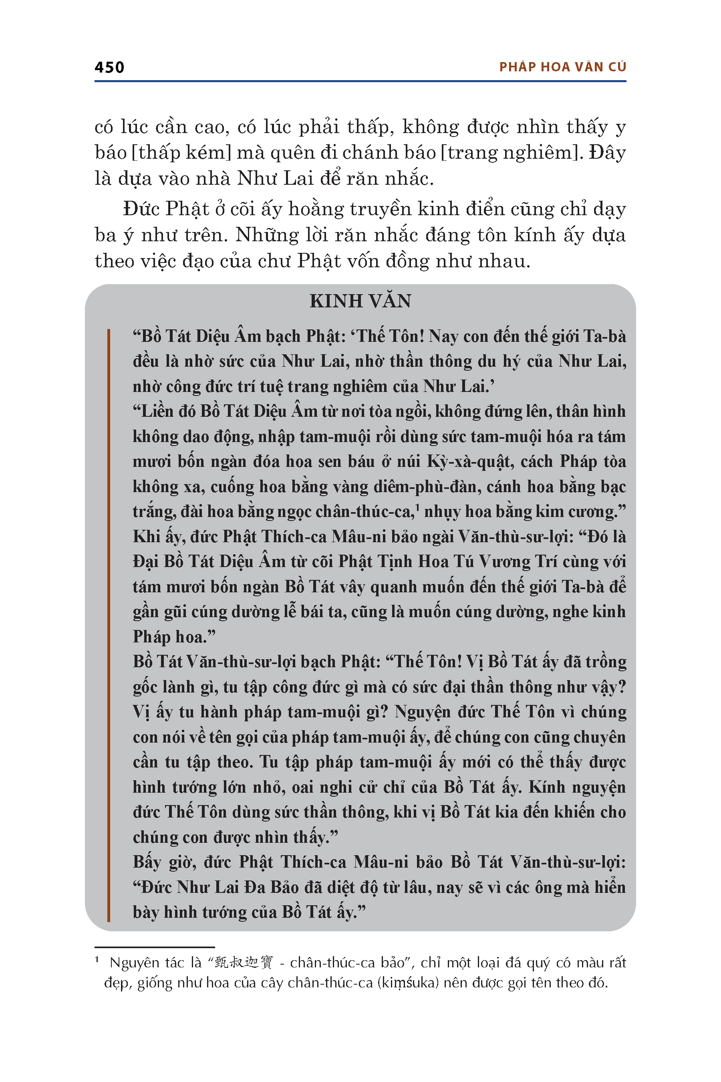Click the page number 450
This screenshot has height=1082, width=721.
pos(109,67)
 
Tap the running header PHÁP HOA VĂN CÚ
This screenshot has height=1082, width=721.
pos(562,67)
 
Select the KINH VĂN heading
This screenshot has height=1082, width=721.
pos(360,301)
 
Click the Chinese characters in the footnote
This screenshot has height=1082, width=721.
pos(244,963)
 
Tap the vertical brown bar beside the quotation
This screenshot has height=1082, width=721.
pos(109,625)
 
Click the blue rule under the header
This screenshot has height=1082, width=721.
pos(360,81)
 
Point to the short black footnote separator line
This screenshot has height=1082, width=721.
pos(155,947)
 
